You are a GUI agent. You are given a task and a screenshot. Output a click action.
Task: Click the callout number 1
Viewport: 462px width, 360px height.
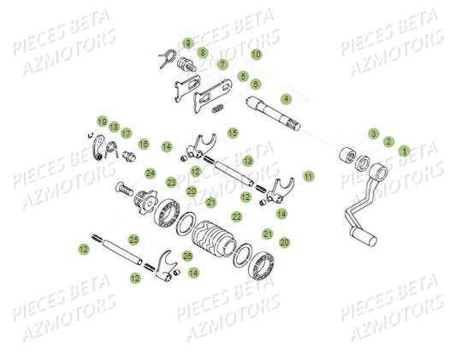click(405, 150)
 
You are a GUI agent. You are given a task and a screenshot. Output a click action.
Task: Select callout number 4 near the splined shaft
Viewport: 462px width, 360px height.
click(286, 99)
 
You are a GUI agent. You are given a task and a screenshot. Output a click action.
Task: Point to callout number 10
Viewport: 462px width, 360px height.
click(257, 54)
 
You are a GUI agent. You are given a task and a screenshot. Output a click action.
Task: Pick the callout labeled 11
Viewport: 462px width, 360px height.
click(308, 175)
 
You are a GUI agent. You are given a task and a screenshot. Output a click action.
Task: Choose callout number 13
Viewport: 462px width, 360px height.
click(247, 161)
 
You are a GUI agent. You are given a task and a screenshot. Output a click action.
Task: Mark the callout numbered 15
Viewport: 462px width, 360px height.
click(232, 133)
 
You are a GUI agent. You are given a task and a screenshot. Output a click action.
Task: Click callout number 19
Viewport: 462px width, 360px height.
click(101, 122)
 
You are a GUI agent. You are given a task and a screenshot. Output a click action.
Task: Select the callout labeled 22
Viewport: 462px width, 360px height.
click(237, 217)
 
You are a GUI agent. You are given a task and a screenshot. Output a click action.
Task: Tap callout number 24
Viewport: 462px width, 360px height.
click(151, 173)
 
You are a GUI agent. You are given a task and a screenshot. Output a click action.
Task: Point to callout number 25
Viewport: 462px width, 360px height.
click(133, 239)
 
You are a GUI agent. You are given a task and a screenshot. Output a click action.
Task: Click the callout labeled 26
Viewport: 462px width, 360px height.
click(188, 256)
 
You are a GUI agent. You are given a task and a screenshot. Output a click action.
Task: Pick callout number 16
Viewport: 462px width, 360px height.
click(144, 145)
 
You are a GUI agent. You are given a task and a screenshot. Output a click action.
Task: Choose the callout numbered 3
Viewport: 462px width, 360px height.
click(373, 133)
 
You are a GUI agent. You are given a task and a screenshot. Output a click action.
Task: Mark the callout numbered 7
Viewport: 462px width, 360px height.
click(222, 64)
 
